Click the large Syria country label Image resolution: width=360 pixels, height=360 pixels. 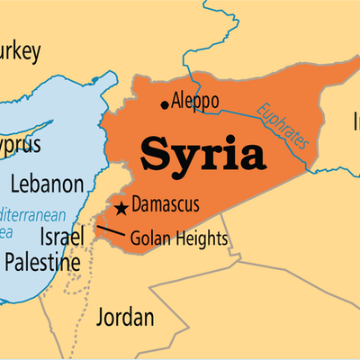coord(202,154)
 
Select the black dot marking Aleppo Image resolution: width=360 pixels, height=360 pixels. coord(164,104)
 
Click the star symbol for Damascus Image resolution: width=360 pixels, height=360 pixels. coord(120,209)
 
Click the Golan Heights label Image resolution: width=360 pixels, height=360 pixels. coord(179,239)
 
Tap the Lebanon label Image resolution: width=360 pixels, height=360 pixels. coord(48,184)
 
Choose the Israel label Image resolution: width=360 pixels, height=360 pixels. coord(62,236)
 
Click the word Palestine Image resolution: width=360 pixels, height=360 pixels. coord(41,262)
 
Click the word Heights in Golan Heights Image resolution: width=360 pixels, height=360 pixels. coord(200,239)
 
